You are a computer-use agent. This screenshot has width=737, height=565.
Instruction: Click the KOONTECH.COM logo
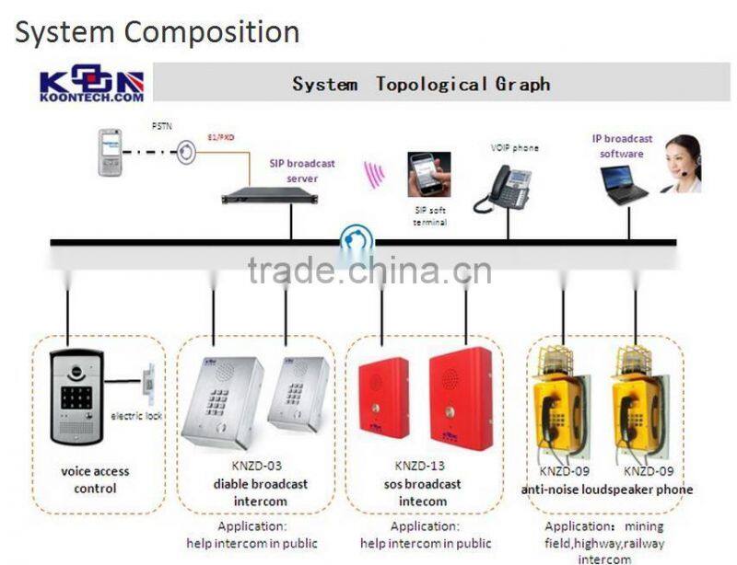pos(91,84)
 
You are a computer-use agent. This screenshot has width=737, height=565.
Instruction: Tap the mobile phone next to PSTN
pos(111,152)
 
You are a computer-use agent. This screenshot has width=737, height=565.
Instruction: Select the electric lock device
pos(145,386)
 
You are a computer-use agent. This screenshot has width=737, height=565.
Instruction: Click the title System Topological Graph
pos(421,84)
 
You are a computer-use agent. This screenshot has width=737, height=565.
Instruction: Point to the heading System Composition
pos(157,32)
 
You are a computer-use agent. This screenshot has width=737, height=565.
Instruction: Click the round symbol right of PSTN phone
pos(186,152)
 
